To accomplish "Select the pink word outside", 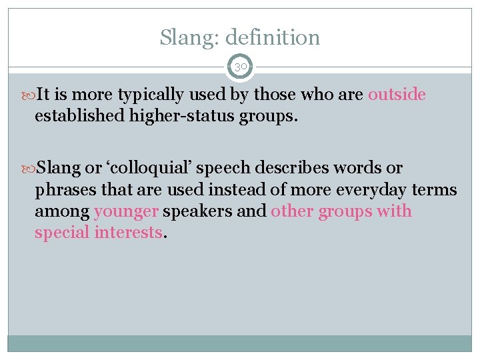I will tap(397, 95).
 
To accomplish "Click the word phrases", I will tap(65, 190).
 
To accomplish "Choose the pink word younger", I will tap(127, 213).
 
